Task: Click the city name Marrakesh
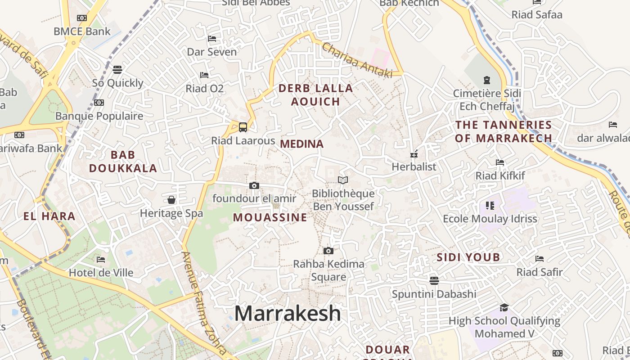[288, 313]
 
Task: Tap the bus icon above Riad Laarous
[243, 127]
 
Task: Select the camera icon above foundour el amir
[254, 185]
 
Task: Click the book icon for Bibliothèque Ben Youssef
[343, 180]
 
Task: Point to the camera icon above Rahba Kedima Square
[328, 251]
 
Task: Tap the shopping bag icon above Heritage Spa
[171, 199]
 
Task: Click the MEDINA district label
[301, 144]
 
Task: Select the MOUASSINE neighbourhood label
[270, 218]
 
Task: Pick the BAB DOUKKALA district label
[123, 162]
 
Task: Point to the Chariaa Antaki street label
[357, 60]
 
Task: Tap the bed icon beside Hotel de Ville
[101, 260]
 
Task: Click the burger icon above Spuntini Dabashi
[434, 281]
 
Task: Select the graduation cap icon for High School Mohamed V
[504, 308]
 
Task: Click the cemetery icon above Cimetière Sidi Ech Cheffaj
[486, 80]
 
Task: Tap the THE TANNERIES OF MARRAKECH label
[503, 131]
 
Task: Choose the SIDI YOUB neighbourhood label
[468, 257]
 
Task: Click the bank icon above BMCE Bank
[81, 18]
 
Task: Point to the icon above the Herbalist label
[414, 154]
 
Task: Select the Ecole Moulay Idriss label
[490, 219]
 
